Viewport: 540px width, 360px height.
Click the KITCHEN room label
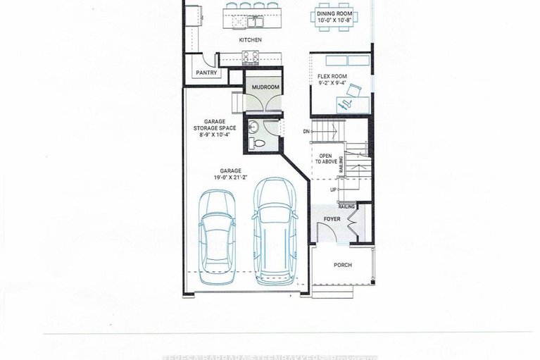[250, 40]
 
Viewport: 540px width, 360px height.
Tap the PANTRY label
[206, 73]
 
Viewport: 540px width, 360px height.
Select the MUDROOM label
[265, 87]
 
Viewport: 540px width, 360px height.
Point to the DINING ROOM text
[334, 13]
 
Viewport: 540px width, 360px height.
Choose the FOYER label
[332, 220]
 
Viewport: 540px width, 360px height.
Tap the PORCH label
[343, 265]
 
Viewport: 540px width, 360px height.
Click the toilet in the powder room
[258, 144]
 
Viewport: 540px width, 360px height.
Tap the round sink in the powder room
[253, 127]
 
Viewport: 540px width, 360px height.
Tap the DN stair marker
[306, 131]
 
